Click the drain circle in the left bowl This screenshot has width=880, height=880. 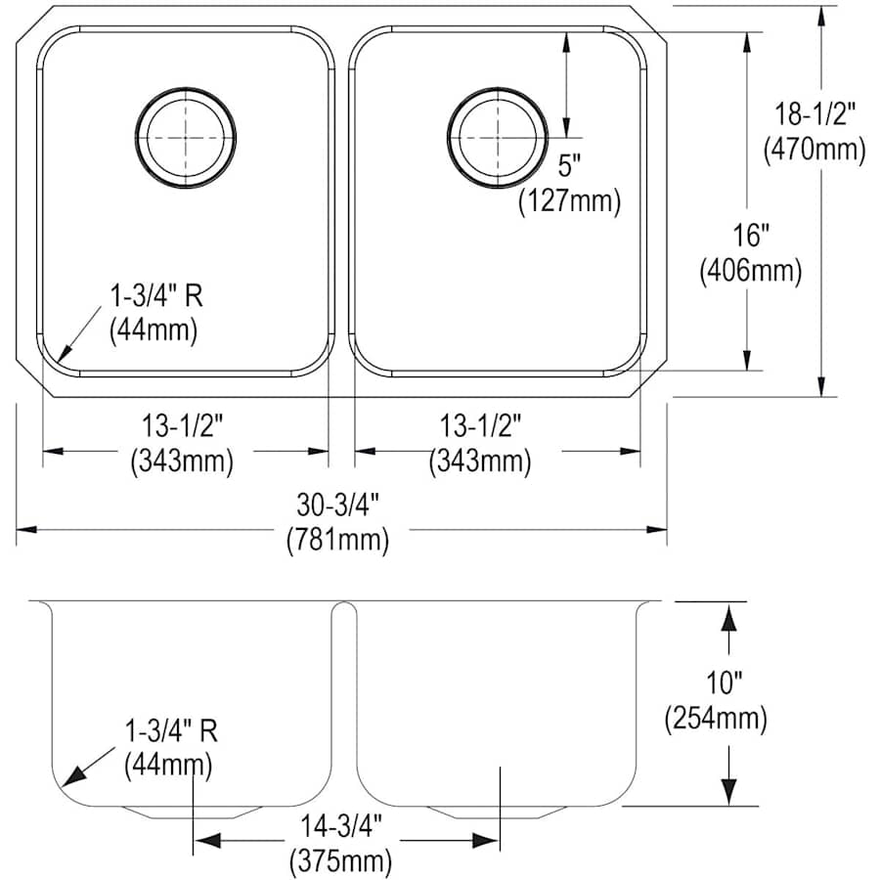185,138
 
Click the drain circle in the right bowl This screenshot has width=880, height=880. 497,138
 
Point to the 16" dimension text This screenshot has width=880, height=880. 751,235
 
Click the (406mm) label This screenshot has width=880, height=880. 751,271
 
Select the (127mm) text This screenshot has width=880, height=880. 569,201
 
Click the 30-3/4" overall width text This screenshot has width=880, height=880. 337,504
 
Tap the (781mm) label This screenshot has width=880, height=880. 337,539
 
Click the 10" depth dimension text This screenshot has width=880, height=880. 715,683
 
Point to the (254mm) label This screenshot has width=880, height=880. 715,720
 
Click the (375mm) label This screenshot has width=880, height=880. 340,861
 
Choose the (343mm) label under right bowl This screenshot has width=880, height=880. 481,461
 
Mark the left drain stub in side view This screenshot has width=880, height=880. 193,811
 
